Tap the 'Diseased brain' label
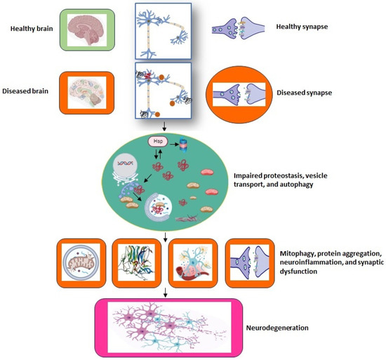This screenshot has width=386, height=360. coord(35,90)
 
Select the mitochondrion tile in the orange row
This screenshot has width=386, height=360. coord(84,263)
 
